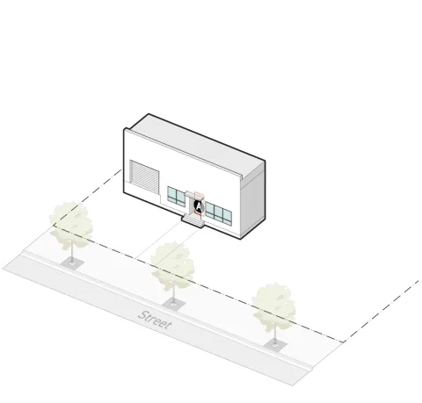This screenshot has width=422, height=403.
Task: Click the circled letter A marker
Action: (x=199, y=206)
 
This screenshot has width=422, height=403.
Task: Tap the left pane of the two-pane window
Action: (x=172, y=194)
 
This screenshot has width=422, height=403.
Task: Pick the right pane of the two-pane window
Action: (x=180, y=198)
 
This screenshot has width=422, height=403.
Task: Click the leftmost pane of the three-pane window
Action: (x=209, y=210)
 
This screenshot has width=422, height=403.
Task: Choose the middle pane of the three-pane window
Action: (x=218, y=214)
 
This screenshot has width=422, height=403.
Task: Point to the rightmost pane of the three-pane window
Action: (x=227, y=218)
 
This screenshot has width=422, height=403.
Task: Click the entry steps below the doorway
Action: (x=193, y=221)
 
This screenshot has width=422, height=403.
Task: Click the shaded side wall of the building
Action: (x=253, y=199)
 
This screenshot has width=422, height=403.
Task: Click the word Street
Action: (x=155, y=320)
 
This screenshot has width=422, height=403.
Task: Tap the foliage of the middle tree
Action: (x=172, y=265)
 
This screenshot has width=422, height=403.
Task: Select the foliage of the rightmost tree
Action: (x=273, y=306)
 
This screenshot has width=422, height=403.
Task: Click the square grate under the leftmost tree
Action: (x=72, y=263)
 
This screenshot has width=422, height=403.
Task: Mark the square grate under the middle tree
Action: (x=174, y=305)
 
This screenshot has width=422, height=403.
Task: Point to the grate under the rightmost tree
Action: (x=275, y=345)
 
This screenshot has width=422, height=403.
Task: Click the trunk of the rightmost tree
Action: (x=275, y=334)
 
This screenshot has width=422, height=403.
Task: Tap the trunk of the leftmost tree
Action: (x=72, y=252)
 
